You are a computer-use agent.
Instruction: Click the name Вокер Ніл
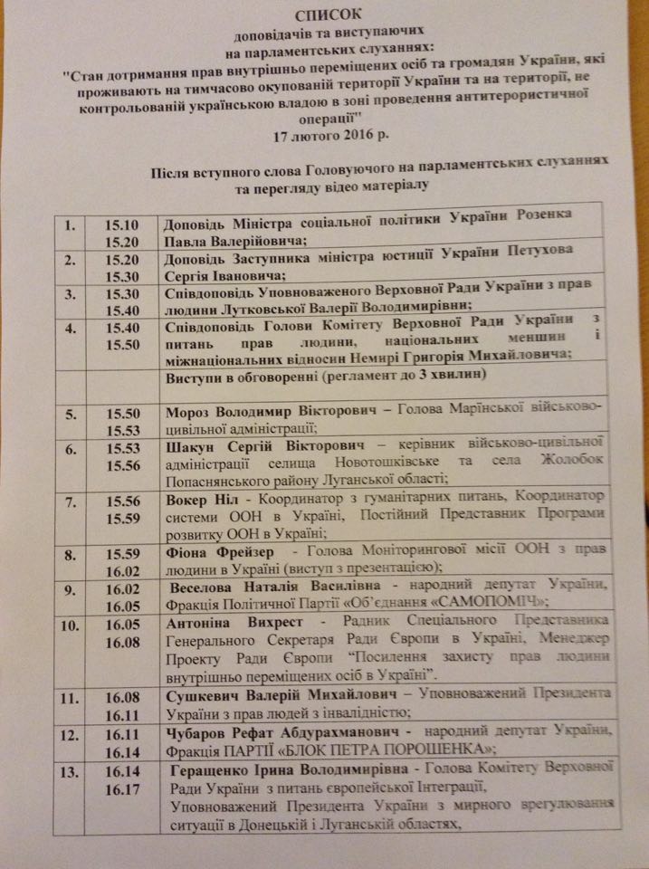(205, 498)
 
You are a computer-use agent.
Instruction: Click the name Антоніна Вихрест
(227, 625)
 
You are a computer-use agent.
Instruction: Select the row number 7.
(70, 501)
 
